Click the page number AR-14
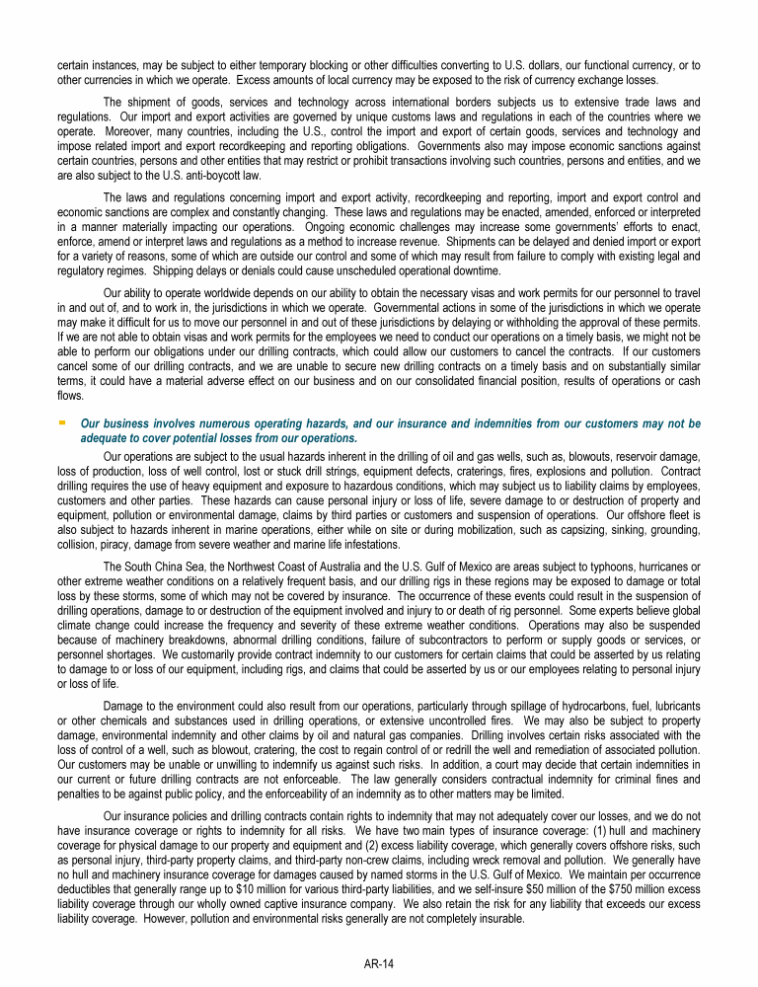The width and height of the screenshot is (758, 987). [x=379, y=963]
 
